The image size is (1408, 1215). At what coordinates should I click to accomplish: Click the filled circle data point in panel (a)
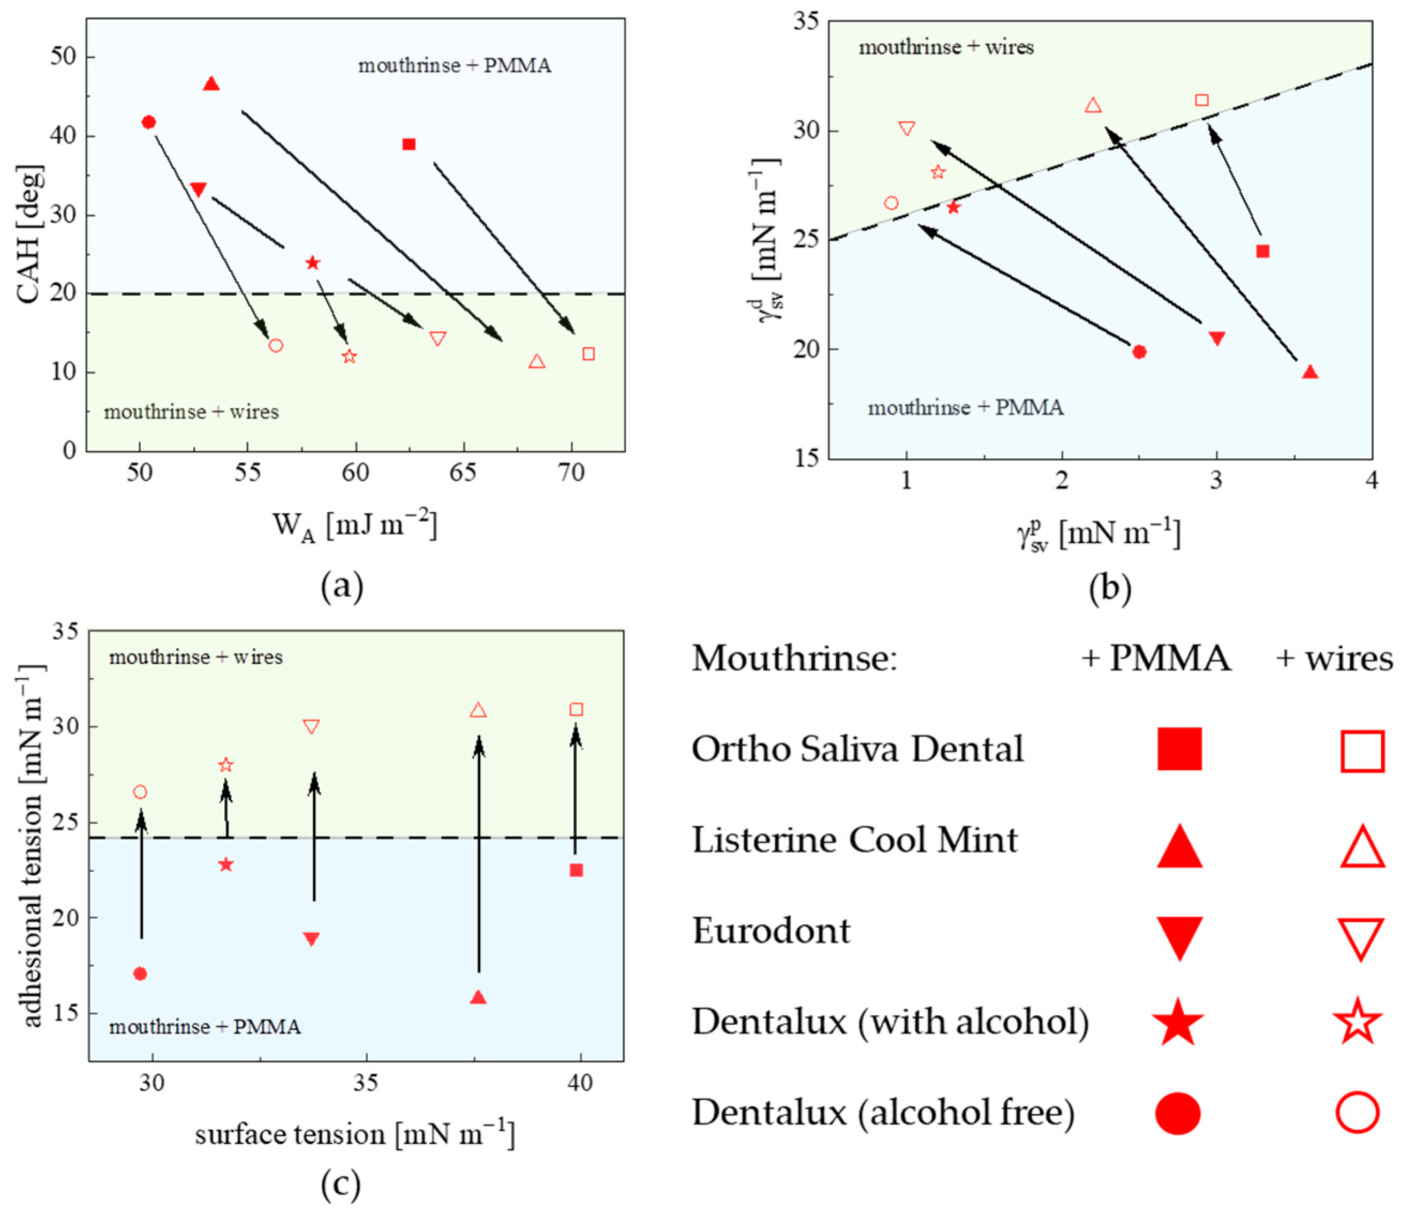[149, 123]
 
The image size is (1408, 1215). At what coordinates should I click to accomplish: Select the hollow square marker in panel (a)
[588, 354]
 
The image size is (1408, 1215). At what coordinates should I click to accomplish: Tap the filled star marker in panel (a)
[313, 263]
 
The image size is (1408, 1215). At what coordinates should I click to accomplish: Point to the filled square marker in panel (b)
[1262, 252]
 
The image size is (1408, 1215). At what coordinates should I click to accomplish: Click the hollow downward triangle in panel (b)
[906, 128]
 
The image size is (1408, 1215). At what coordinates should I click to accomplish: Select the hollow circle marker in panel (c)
[140, 792]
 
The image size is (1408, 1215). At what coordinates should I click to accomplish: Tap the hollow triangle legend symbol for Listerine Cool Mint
[1362, 847]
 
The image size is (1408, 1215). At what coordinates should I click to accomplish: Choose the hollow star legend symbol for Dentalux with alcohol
[1358, 1021]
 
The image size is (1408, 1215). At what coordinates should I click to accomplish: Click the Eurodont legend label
[770, 930]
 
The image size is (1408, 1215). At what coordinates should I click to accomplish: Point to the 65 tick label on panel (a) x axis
[463, 472]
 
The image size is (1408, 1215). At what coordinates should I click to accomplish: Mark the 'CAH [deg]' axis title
[31, 234]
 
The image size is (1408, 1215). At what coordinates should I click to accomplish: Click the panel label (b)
[1110, 588]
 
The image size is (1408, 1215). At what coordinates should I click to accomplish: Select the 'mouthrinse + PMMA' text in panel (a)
[455, 66]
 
